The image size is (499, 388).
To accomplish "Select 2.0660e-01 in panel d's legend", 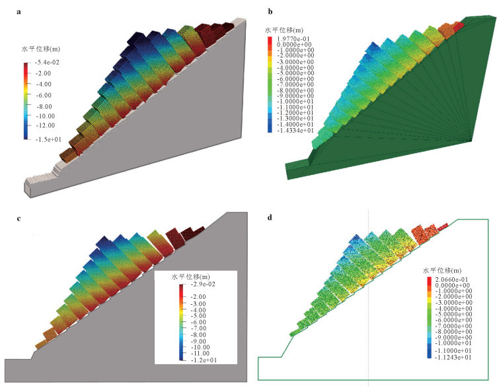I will click(x=451, y=280).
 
